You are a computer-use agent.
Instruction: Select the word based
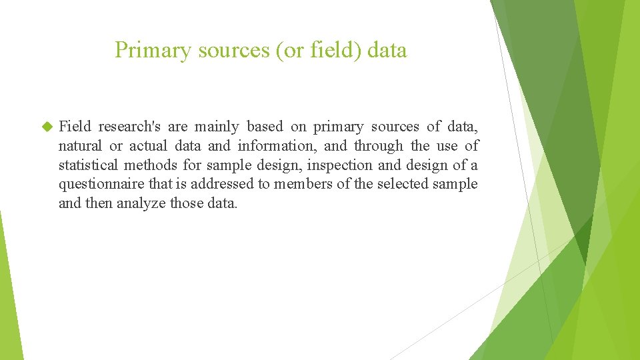(x=265, y=127)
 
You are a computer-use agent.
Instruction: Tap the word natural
(x=80, y=146)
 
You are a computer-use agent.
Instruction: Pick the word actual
(x=147, y=146)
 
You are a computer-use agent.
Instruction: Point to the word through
(x=378, y=146)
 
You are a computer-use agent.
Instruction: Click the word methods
(x=154, y=165)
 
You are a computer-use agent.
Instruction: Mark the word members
(x=302, y=184)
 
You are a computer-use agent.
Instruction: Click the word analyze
(x=141, y=203)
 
